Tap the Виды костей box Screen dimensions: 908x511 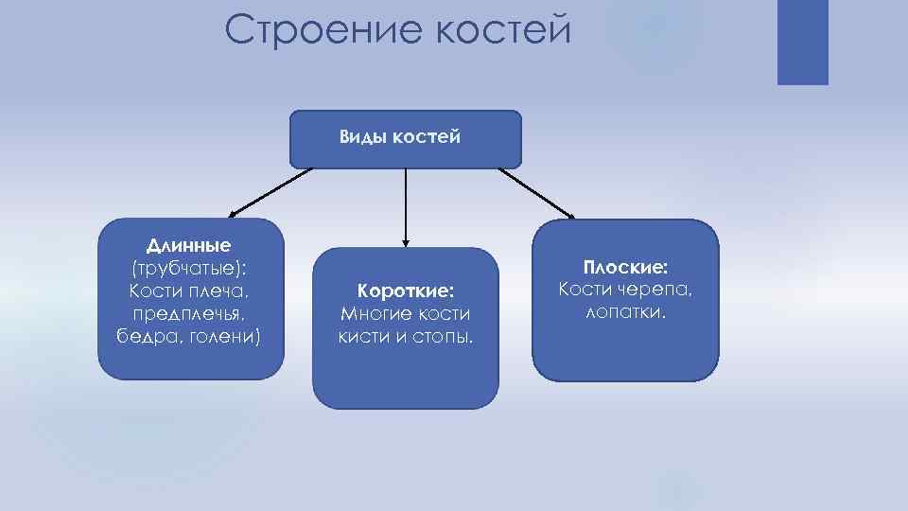click(405, 139)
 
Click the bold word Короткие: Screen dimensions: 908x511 click(405, 291)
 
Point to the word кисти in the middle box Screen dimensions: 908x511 click(361, 336)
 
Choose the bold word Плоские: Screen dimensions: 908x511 click(625, 268)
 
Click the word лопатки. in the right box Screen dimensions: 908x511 click(625, 312)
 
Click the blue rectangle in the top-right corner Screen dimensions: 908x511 click(802, 42)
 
